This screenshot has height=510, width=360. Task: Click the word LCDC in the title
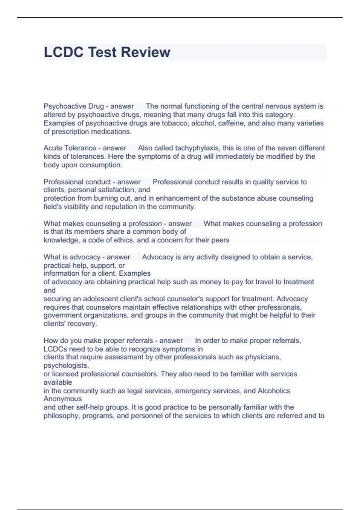pyautogui.click(x=63, y=52)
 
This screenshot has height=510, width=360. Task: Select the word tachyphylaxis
pyautogui.click(x=197, y=148)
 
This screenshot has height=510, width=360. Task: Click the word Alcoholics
pyautogui.click(x=274, y=391)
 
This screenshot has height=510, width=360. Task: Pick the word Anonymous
pyautogui.click(x=63, y=399)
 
